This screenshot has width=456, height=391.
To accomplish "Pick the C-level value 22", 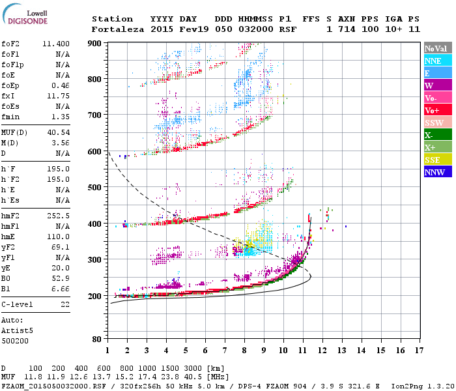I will (x=65, y=304).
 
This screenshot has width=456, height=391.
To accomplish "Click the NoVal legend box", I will (x=437, y=48).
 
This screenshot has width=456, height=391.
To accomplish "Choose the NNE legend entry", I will (x=437, y=61).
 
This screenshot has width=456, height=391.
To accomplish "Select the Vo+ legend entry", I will (x=437, y=110).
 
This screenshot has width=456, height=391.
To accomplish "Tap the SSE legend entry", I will (x=437, y=160).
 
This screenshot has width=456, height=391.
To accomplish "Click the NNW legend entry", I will (x=437, y=172).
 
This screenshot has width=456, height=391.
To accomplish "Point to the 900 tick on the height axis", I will (x=94, y=43).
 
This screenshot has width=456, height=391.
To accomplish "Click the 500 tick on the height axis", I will (x=94, y=188).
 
